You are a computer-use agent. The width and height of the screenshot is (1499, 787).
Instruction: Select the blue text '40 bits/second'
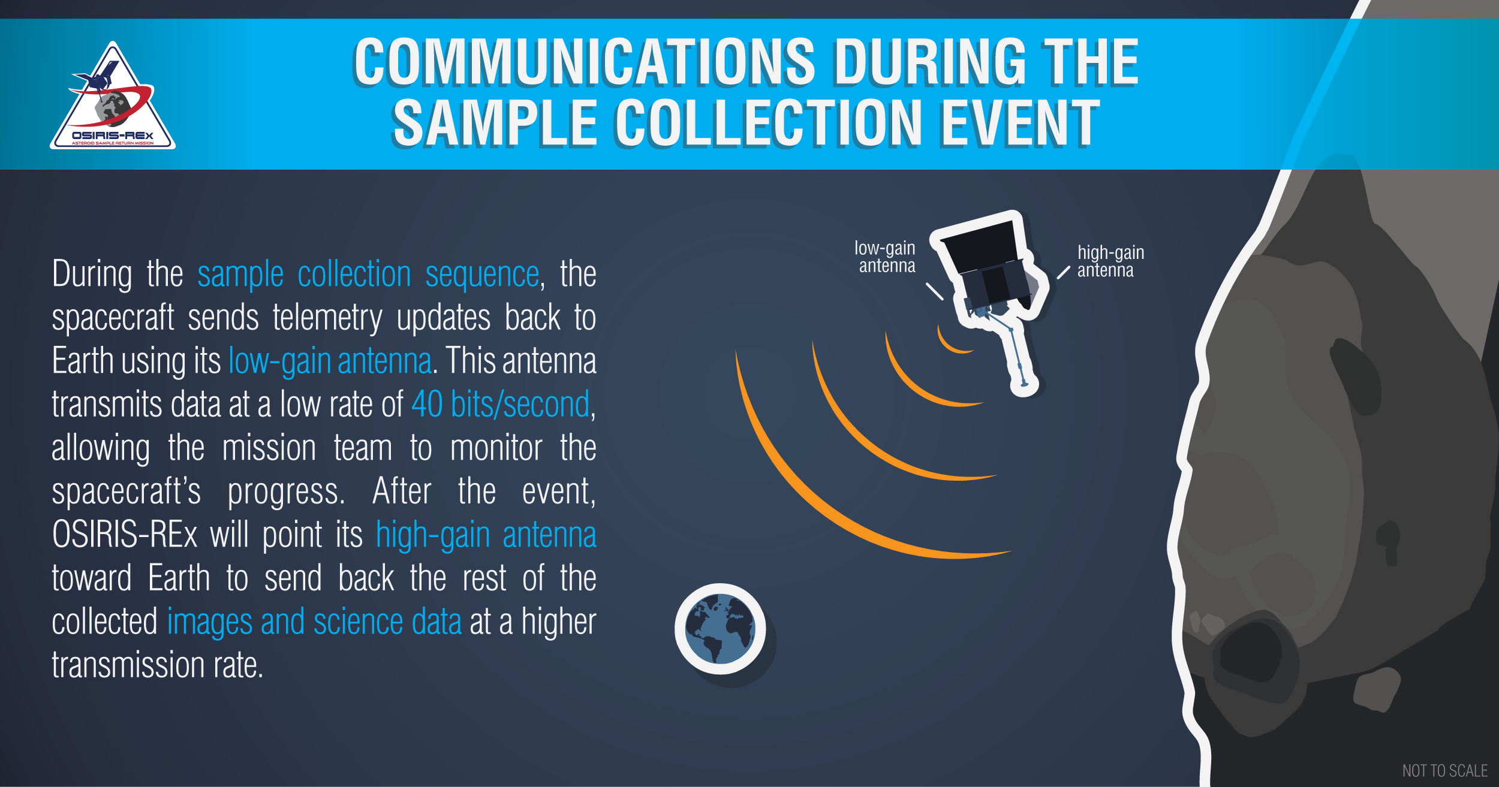point(501,405)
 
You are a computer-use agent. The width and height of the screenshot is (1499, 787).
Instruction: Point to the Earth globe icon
point(720,629)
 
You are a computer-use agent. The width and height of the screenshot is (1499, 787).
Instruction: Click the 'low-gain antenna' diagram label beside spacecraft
point(885,257)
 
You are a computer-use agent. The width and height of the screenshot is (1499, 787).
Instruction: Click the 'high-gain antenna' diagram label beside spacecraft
point(1110,261)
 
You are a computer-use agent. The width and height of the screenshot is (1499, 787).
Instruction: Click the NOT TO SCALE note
point(1445,771)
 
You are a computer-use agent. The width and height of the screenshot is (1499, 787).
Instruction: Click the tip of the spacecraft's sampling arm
point(1024,385)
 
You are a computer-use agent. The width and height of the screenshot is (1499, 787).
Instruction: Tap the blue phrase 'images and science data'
point(314,622)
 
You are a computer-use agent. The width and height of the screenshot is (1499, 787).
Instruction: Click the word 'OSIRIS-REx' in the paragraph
point(125,534)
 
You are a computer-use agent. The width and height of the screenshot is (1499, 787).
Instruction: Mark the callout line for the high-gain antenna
point(1063,272)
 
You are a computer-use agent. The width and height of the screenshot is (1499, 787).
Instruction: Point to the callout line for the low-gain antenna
point(934,291)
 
